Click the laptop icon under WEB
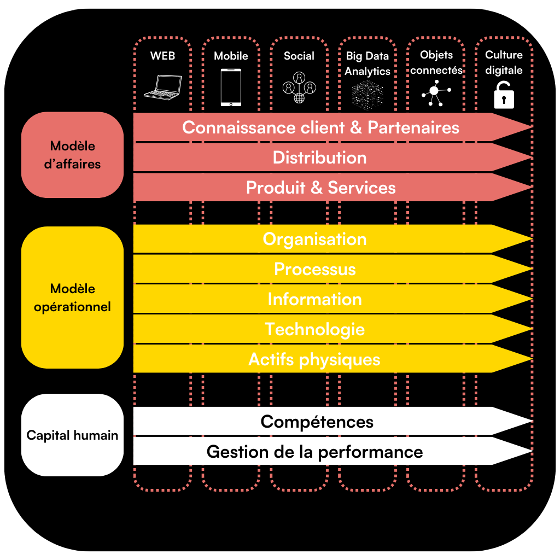click(163, 87)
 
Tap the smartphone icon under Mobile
click(231, 87)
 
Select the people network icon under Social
click(299, 87)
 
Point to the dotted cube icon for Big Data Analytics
click(367, 94)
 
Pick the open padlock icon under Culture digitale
click(504, 95)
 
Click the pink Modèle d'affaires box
click(73, 155)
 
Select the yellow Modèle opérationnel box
click(73, 297)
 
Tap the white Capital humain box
click(73, 435)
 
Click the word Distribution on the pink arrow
click(319, 157)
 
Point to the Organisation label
click(314, 240)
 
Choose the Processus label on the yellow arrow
click(314, 269)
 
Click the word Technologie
click(314, 329)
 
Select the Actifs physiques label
click(314, 359)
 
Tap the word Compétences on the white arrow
click(317, 422)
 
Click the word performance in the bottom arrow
click(370, 452)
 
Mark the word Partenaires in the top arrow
click(413, 127)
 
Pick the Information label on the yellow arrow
click(314, 299)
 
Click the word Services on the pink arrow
click(361, 188)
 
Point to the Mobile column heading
click(231, 56)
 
